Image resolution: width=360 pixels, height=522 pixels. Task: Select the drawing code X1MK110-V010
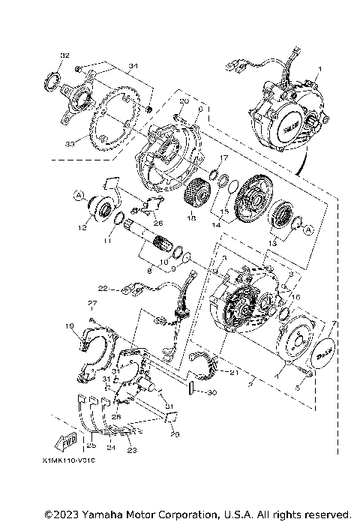[x=74, y=461]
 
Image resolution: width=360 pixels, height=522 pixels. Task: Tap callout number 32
[x=64, y=56]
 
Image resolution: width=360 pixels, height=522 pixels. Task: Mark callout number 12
[x=84, y=223]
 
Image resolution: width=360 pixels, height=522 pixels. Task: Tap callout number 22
[x=102, y=286]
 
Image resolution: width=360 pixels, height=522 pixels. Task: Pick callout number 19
[x=90, y=325]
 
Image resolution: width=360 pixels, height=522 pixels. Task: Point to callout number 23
[x=133, y=450]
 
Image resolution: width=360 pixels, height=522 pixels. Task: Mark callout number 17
[x=223, y=158]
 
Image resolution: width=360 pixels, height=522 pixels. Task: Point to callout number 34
[x=133, y=67]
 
